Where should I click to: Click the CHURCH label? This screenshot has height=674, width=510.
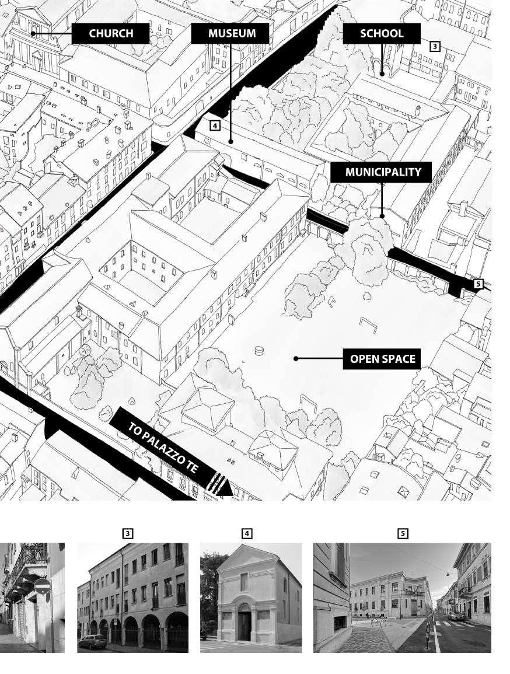click(111, 34)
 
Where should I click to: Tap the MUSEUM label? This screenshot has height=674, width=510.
click(232, 33)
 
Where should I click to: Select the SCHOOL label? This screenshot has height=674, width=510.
click(382, 33)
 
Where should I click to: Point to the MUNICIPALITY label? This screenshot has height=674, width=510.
click(382, 172)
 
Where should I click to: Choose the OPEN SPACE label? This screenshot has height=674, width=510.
click(382, 359)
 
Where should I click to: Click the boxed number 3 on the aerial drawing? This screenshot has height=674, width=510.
click(435, 46)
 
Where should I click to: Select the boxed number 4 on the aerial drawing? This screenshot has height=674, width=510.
click(215, 125)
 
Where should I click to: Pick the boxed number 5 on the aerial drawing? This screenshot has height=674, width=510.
click(478, 284)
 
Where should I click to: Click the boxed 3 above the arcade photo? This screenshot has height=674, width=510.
click(128, 533)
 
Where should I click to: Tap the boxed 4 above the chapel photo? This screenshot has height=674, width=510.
click(247, 533)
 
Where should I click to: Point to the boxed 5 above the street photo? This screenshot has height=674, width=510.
click(403, 533)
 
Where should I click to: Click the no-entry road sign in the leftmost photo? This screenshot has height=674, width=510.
click(41, 585)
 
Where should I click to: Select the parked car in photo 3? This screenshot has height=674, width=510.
click(93, 641)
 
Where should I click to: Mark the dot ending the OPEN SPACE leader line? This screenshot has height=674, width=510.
click(296, 359)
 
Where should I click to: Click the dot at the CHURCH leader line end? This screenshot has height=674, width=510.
click(33, 34)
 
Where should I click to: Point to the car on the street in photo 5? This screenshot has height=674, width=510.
click(456, 615)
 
